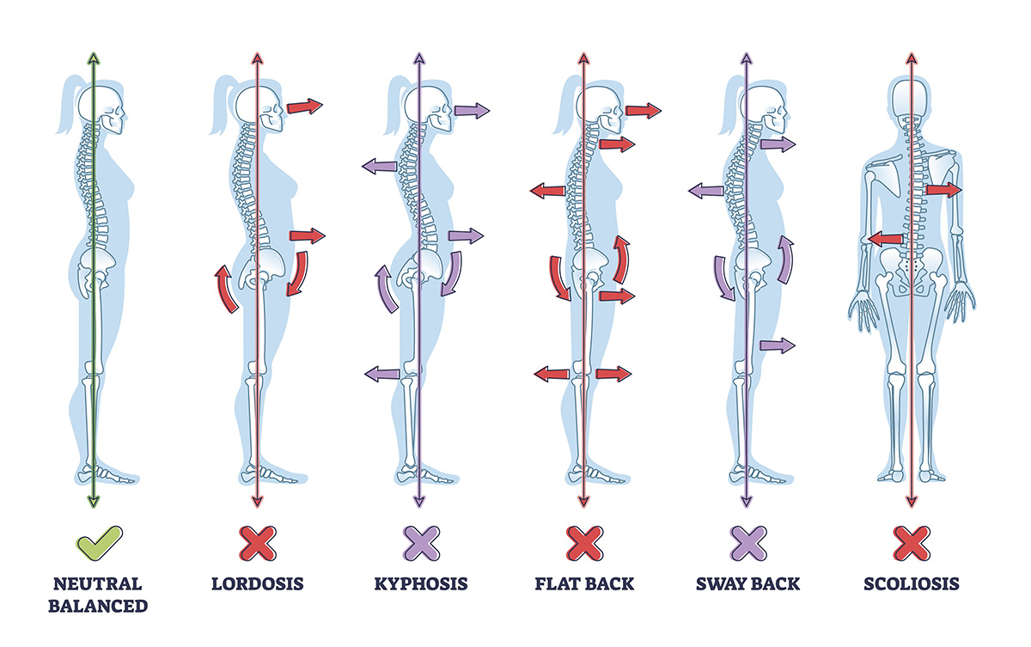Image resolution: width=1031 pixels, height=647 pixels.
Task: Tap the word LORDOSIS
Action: (x=258, y=584)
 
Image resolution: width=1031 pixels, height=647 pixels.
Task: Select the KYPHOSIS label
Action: (x=421, y=584)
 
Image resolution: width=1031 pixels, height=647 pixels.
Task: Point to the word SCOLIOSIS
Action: (x=911, y=584)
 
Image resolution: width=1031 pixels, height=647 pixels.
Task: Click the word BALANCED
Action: (x=97, y=606)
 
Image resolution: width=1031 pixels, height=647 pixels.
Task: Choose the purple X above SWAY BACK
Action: (x=747, y=544)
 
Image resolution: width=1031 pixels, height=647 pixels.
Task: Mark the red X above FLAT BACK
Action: (x=583, y=544)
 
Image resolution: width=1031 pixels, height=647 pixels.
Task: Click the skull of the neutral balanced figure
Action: (x=101, y=108)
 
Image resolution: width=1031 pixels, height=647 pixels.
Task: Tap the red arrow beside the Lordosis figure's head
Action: (x=304, y=107)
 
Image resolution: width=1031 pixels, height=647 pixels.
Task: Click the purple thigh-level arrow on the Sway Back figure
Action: (x=777, y=345)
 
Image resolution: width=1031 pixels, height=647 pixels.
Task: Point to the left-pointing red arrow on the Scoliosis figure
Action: (x=884, y=237)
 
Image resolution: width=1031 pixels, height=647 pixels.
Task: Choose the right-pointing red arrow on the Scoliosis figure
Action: (x=943, y=190)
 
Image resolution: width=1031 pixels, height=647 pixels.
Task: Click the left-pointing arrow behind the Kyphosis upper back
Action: (x=379, y=166)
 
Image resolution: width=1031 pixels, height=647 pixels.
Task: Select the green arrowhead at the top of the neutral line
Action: (x=94, y=58)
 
